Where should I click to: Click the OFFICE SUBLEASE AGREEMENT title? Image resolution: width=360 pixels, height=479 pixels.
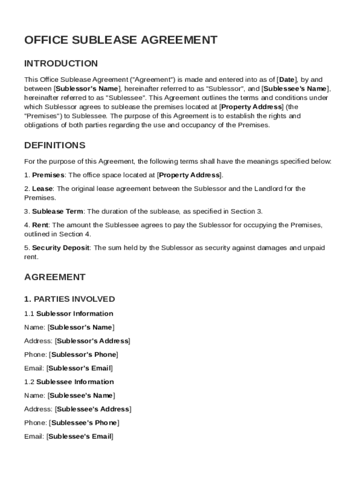tap(121, 40)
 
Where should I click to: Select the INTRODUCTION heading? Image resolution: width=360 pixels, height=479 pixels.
tap(61, 64)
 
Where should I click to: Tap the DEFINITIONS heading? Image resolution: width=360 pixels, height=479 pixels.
tap(55, 145)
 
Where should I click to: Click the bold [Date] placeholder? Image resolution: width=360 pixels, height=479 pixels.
tap(287, 80)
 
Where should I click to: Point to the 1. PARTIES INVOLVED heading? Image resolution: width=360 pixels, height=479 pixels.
tap(70, 299)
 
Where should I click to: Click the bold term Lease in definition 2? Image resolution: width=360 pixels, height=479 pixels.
tap(43, 189)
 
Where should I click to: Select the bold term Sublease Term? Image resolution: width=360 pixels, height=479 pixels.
tap(58, 211)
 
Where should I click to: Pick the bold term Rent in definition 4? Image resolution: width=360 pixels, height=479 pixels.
tap(41, 225)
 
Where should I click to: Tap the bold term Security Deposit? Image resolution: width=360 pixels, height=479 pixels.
tap(61, 248)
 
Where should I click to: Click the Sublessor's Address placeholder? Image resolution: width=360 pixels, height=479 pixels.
tap(93, 341)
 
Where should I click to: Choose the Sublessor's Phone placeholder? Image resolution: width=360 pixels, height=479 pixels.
tap(83, 355)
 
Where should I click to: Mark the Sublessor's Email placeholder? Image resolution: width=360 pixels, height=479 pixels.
tap(80, 368)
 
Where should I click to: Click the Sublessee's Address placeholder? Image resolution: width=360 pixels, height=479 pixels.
tap(93, 409)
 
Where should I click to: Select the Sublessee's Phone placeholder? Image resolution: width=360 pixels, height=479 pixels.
tap(84, 423)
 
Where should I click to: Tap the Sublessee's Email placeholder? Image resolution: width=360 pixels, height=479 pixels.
tap(80, 436)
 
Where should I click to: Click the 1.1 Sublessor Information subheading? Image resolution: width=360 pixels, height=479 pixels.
tap(69, 314)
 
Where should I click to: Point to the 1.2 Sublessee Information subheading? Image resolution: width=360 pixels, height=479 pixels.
tap(69, 382)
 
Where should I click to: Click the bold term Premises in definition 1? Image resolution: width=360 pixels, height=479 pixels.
tap(48, 175)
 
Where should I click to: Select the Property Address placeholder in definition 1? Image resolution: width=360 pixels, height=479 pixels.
tap(189, 175)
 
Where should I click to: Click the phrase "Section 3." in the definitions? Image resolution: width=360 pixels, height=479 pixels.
tap(256, 211)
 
